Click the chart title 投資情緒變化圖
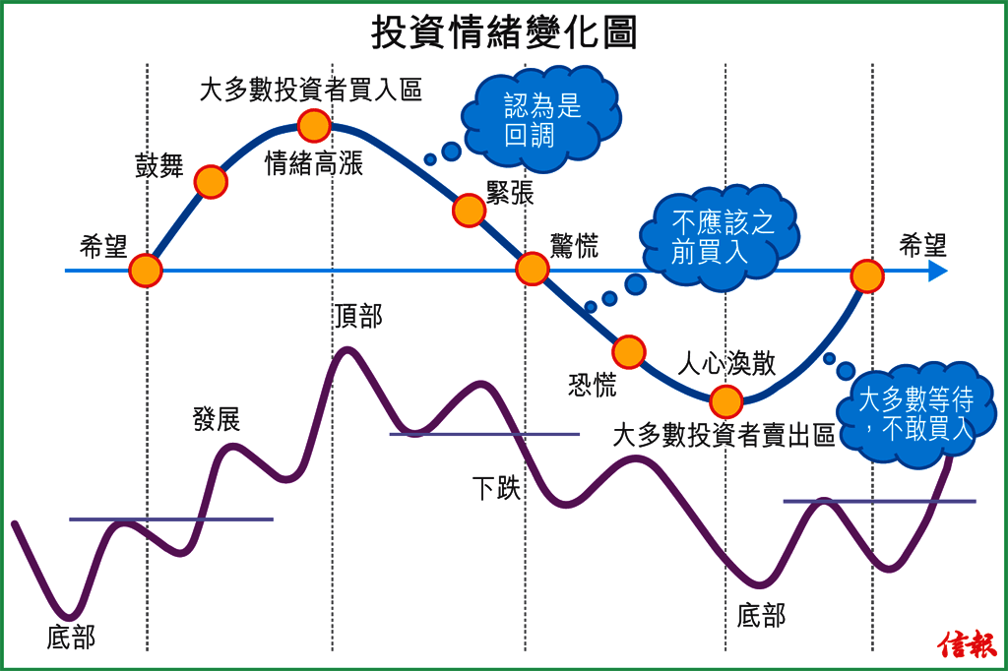[504, 31]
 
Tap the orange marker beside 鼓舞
[211, 182]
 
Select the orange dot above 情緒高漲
[314, 125]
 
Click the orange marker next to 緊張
[470, 210]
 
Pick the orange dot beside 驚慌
[533, 269]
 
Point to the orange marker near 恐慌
[628, 351]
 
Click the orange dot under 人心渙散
[725, 401]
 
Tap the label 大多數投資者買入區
[310, 91]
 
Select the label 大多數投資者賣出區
[724, 436]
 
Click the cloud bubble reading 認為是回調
[545, 119]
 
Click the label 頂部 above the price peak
[357, 317]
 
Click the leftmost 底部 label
[71, 638]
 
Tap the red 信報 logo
[968, 644]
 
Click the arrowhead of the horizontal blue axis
[938, 271]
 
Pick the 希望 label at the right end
[922, 246]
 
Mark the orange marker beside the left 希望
[146, 271]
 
